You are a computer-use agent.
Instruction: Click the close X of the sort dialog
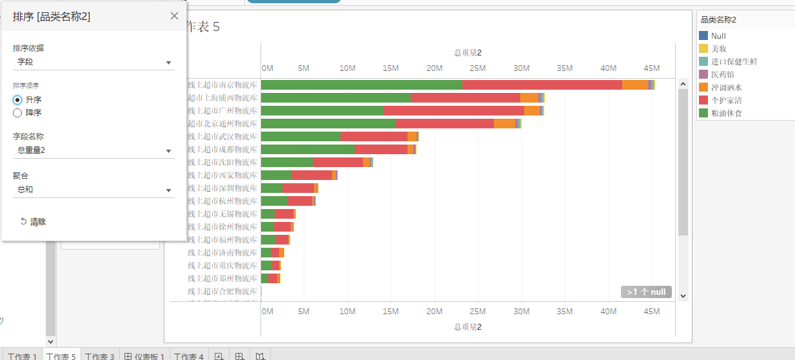[174, 16]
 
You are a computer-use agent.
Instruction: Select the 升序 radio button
[18, 100]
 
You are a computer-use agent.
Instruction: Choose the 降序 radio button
[18, 113]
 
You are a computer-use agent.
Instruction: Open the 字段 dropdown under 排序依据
[93, 62]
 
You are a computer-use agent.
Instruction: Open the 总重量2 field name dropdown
[93, 150]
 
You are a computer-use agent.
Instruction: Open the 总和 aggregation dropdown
[93, 190]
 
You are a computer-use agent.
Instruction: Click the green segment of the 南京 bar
[361, 85]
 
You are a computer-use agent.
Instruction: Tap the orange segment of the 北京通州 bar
[504, 123]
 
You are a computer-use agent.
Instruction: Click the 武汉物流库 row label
[222, 136]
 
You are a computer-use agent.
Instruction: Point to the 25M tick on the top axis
[477, 68]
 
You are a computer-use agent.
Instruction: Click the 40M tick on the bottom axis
[609, 312]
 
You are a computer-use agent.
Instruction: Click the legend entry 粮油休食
[725, 113]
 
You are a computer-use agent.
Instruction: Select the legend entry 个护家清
[725, 100]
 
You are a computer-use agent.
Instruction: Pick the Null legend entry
[718, 36]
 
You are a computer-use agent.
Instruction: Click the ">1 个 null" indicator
[646, 292]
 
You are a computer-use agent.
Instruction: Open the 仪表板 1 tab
[144, 356]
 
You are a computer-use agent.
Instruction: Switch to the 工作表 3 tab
[99, 356]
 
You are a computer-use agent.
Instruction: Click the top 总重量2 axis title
[467, 53]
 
